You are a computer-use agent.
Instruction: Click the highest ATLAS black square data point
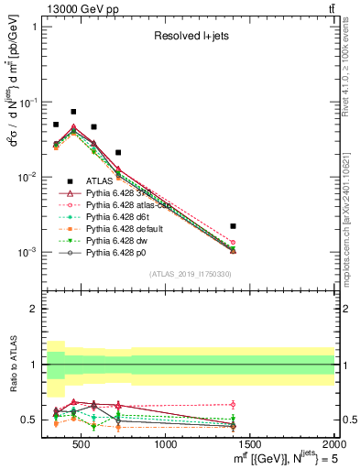[x=73, y=112]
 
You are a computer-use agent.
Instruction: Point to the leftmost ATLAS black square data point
[x=56, y=125]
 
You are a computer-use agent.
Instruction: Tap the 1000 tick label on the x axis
[x=166, y=444]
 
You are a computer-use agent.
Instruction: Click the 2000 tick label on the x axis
[x=335, y=444]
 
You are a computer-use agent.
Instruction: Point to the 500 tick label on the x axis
[x=81, y=444]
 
